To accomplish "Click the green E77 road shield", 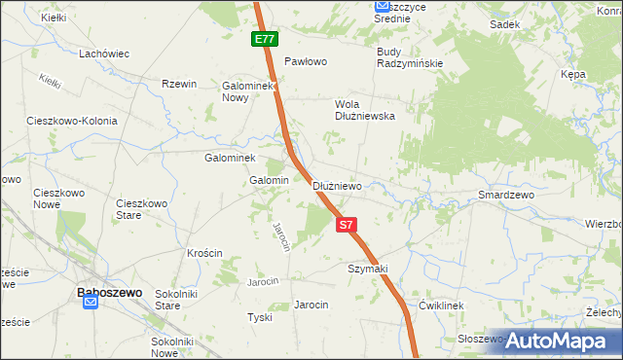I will tap(264, 40).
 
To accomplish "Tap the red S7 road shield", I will tap(346, 225).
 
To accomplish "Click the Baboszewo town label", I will tap(110, 291).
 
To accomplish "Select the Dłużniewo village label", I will tap(338, 186).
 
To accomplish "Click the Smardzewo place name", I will tap(506, 195).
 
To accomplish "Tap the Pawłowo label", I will tap(305, 61).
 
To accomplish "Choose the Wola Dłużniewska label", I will tap(364, 109).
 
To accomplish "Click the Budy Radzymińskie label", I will tap(410, 57).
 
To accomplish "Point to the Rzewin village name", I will tap(179, 85).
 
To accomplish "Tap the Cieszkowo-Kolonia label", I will tap(73, 122).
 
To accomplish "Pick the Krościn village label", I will tap(204, 253).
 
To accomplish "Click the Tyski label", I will tap(259, 318).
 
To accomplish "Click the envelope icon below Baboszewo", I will tap(90, 303).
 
